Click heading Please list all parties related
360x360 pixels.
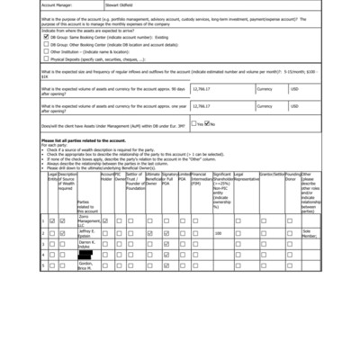pyautogui.click(x=83, y=139)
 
